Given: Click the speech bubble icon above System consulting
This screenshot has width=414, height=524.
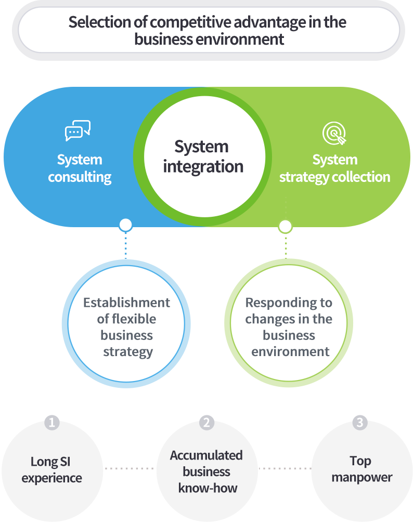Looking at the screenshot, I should tap(78, 131).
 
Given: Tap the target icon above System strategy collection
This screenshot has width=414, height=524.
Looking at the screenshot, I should tap(334, 134).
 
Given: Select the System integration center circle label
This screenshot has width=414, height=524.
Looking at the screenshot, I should tap(203, 156).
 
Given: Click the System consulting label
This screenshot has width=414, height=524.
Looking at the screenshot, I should tap(80, 168).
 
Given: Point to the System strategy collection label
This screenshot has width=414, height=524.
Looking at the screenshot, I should tap(334, 168).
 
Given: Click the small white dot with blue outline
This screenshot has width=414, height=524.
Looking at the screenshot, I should tap(125, 225).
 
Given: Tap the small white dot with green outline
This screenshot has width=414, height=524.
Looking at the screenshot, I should tap(285, 226).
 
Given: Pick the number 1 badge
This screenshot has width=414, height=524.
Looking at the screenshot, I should tap(51, 423).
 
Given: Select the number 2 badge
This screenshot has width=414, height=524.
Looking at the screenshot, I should tap(206, 423).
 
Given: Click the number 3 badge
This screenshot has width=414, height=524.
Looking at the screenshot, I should tap(359, 423).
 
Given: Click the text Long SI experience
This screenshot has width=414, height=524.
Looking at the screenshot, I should tap(51, 469).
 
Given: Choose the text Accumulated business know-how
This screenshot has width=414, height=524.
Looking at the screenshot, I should tap(206, 471).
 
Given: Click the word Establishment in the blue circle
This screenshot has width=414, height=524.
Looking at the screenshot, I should tap(126, 303).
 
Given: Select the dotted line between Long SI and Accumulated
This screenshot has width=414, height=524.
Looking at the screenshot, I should tap(130, 468).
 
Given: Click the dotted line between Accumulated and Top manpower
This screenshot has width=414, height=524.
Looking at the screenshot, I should tap(284, 468).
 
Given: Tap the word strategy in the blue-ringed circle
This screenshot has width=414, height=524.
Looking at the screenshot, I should tap(128, 351).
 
